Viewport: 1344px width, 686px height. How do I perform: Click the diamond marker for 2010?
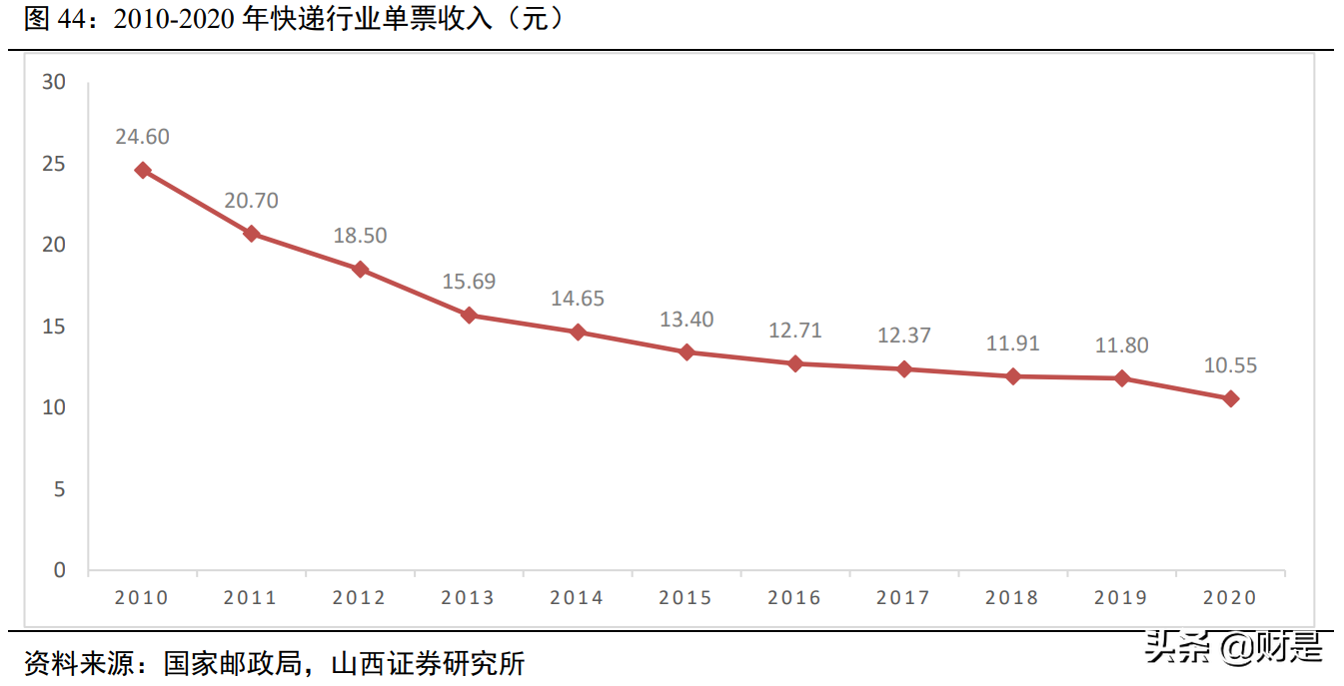click(143, 170)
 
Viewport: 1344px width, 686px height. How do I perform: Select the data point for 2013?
click(469, 316)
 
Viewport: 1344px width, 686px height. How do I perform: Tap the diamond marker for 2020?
click(1231, 398)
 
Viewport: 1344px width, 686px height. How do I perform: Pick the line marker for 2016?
click(795, 363)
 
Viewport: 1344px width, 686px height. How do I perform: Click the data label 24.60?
click(142, 137)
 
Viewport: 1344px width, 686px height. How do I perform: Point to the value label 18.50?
click(361, 237)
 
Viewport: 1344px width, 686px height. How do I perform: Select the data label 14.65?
click(578, 299)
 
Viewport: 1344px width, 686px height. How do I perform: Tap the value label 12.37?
click(904, 336)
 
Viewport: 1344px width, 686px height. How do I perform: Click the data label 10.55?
click(1230, 366)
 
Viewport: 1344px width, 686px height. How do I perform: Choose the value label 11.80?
click(1121, 345)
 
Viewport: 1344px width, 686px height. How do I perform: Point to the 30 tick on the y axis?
click(54, 82)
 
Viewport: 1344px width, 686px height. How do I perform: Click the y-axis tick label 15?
click(54, 327)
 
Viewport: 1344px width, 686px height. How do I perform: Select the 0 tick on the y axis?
click(59, 570)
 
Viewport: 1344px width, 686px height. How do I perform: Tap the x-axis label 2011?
click(250, 598)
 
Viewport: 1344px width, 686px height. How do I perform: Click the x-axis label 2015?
click(685, 598)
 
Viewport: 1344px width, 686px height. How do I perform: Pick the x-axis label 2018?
click(1012, 598)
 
